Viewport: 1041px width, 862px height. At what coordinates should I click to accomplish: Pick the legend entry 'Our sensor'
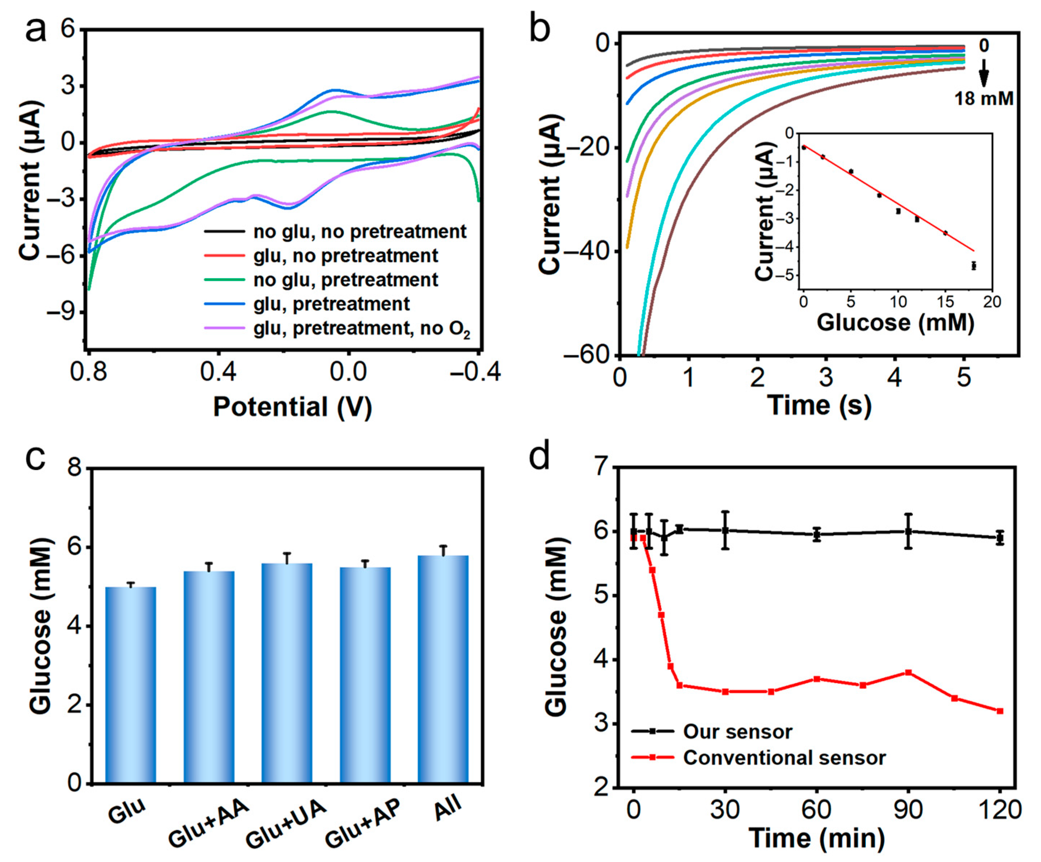click(738, 732)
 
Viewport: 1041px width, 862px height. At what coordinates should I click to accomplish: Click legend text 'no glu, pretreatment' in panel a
click(346, 280)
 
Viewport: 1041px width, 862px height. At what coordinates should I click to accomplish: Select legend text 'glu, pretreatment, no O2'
click(361, 329)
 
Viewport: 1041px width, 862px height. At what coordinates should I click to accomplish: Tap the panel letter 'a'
click(36, 31)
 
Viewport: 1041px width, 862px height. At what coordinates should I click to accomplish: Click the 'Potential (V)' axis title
click(292, 407)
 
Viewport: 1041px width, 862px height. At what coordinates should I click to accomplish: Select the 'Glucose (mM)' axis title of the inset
click(895, 323)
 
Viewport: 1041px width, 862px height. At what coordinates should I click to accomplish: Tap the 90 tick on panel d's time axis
click(909, 810)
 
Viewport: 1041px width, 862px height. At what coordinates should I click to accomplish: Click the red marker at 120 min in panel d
click(1000, 711)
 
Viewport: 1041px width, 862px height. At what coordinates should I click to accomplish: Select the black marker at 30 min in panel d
click(725, 530)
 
